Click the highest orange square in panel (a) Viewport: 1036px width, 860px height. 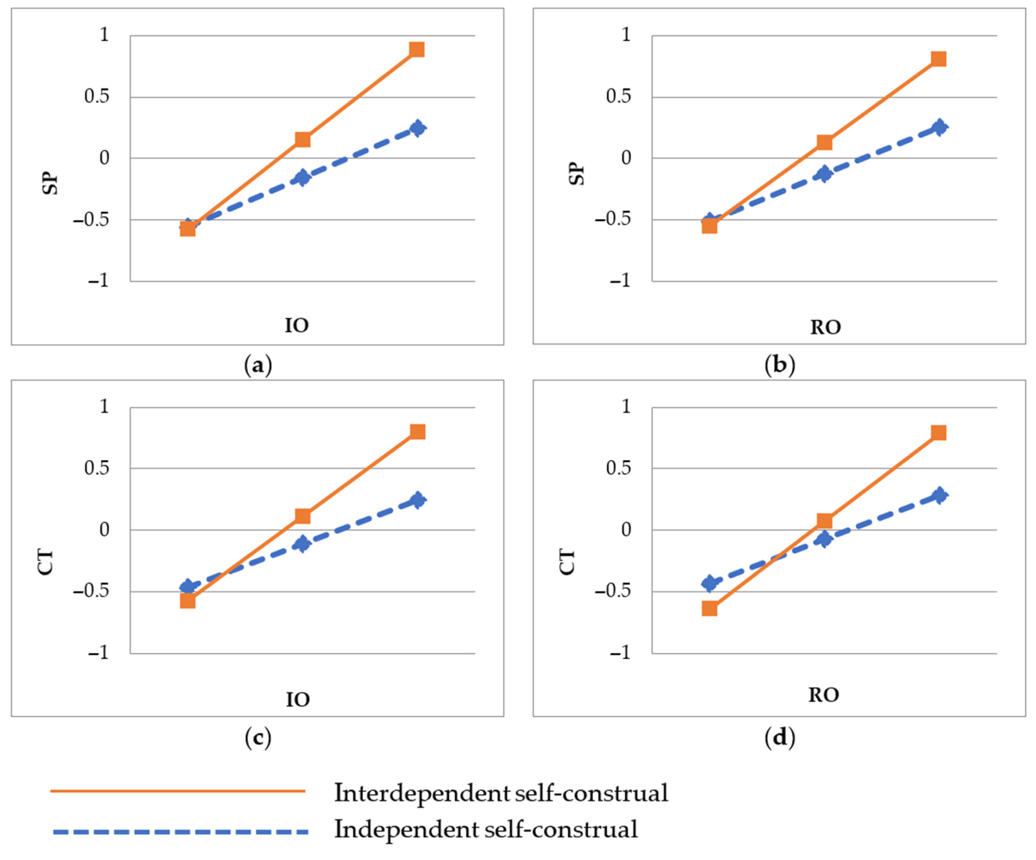[x=417, y=49]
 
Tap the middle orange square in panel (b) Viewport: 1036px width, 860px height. [x=824, y=142]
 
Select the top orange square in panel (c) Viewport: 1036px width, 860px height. [x=417, y=431]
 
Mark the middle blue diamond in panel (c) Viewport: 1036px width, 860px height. [x=302, y=544]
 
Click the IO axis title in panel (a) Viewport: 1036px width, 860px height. [x=297, y=325]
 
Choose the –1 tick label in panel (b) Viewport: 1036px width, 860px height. [x=620, y=281]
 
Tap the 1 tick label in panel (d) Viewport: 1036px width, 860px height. [x=626, y=407]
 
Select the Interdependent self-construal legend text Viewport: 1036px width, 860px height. [x=501, y=793]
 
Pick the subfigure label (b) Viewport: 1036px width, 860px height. [x=780, y=365]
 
